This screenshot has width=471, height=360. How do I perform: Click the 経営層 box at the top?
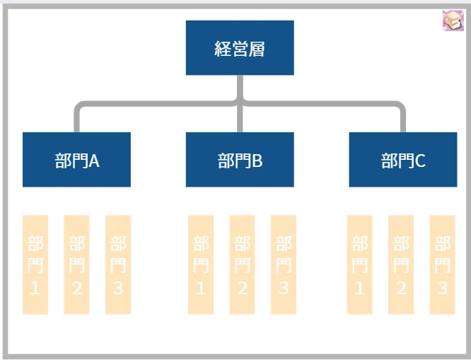pos(240,48)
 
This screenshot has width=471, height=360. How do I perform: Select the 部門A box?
pos(76,160)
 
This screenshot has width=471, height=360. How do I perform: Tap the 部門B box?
pos(240,160)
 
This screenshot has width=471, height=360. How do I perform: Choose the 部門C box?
pos(403,160)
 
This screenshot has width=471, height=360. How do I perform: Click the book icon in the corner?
pos(453,21)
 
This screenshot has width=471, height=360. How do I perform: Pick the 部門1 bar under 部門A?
pos(35,265)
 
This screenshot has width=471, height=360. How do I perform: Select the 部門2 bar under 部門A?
pos(76,265)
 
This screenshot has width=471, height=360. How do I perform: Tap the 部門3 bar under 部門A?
pos(118,265)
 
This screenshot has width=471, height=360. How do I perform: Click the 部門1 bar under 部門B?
pos(201,265)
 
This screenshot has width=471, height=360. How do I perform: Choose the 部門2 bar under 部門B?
pos(242,265)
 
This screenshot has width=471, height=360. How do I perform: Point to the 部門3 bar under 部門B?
pos(284,265)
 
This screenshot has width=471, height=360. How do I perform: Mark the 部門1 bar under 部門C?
pos(359,265)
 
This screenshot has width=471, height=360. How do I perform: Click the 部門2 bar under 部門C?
pos(401,265)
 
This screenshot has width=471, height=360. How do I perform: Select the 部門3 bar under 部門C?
pos(443,265)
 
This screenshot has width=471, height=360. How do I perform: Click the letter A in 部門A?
pos(94,161)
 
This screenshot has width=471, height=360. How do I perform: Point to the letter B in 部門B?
pos(257,161)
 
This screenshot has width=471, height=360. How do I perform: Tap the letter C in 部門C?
pos(420,161)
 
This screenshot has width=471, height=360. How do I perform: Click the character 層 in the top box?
pos(257,49)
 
